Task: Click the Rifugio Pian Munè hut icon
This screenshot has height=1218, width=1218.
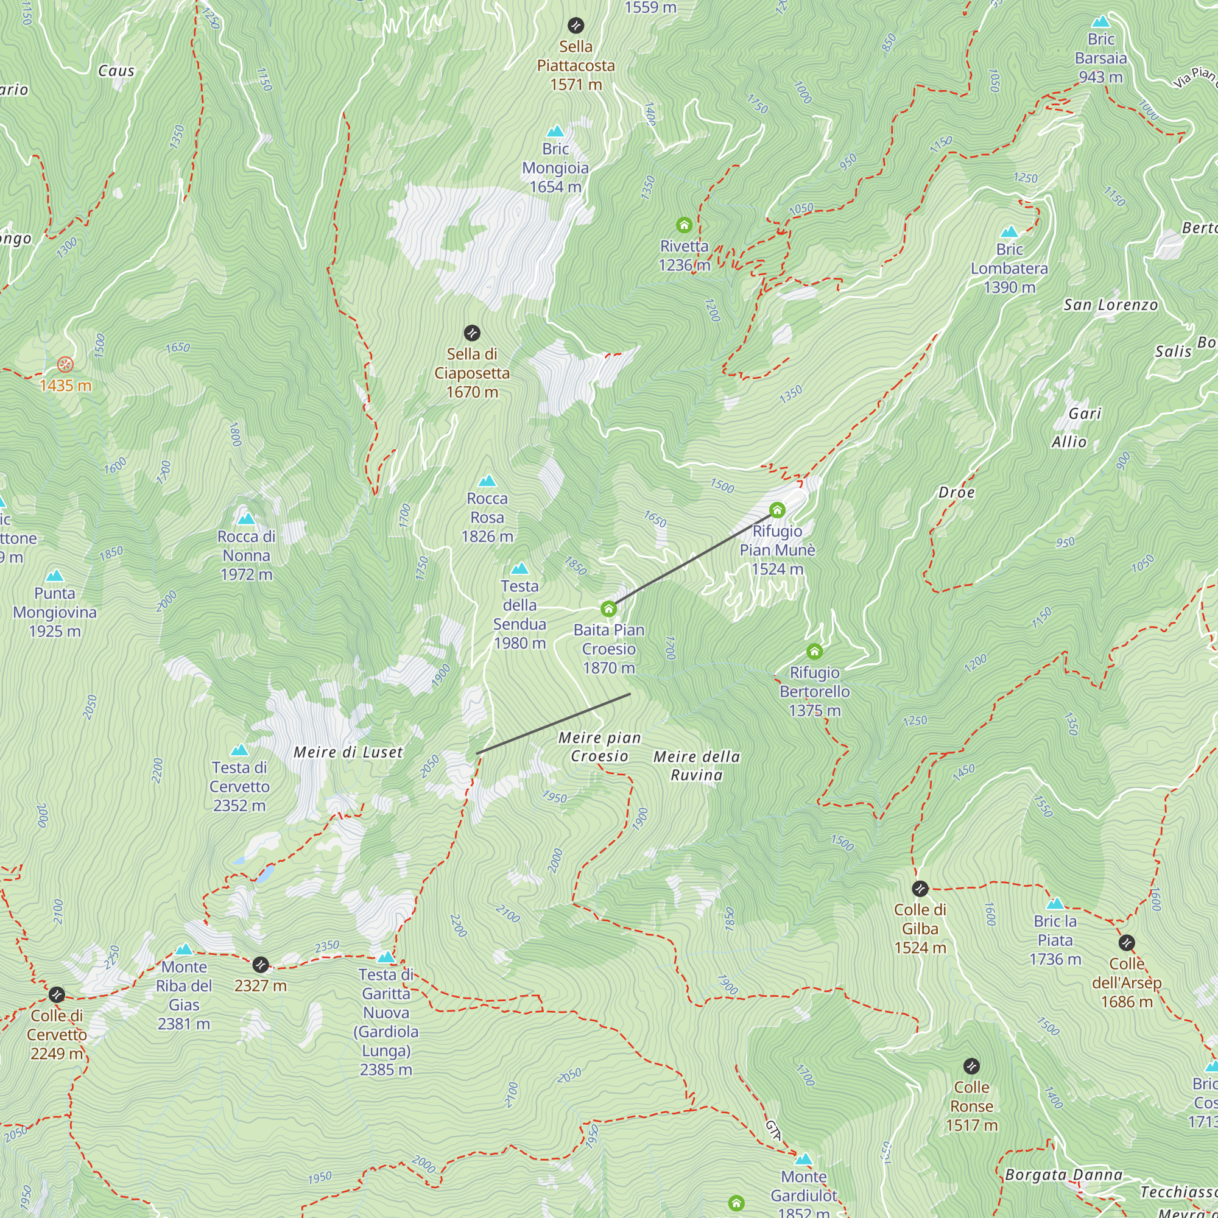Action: coord(776,510)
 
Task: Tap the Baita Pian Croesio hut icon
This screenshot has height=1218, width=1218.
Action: coord(608,608)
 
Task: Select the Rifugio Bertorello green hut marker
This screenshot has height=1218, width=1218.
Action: coord(814,650)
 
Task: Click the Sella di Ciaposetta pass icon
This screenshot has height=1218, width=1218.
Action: coord(471,333)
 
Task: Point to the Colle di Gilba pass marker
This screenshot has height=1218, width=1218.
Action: coord(920,889)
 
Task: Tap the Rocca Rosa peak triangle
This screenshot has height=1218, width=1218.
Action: coord(487,482)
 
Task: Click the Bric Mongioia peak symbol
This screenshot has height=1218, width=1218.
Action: coord(555,131)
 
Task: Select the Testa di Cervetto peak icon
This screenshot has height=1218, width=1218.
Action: coord(239,750)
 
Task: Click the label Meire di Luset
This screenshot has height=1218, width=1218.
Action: coord(348,752)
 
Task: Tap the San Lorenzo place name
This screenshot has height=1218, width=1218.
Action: coord(1110,305)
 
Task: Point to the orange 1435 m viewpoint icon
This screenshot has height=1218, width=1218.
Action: coord(66,364)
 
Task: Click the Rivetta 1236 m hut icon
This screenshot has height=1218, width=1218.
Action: coord(684,225)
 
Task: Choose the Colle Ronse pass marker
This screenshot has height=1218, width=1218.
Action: coord(971,1066)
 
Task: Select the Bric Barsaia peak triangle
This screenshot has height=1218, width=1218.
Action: coord(1100,22)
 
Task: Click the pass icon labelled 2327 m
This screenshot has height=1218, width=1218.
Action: coord(261,964)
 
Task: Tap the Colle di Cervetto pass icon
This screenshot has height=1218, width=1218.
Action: coord(57,995)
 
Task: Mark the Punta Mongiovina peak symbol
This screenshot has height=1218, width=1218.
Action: coord(55,576)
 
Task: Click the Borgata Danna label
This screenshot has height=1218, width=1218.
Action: coord(1063,1175)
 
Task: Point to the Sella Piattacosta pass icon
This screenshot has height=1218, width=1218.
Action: coord(576,25)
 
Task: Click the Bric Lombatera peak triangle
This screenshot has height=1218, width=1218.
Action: coord(1009,232)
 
